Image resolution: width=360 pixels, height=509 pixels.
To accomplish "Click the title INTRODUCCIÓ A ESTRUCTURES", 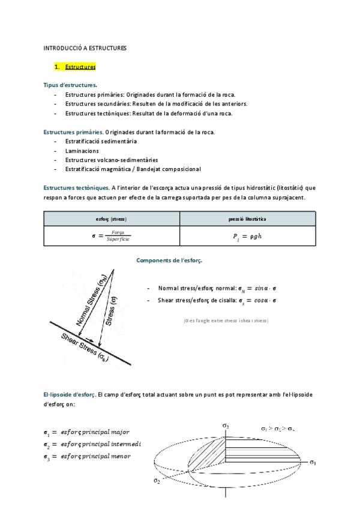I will (85, 48).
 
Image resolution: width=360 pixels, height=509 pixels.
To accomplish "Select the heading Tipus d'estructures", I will (66, 85).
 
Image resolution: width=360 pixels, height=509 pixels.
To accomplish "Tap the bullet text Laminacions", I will (82, 151).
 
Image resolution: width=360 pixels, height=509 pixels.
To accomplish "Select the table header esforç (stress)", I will (111, 219).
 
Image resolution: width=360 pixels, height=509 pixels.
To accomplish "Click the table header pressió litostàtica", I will (247, 219).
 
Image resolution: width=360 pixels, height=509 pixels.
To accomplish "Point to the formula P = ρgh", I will (247, 237).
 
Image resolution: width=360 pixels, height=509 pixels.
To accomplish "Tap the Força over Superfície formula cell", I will (111, 237).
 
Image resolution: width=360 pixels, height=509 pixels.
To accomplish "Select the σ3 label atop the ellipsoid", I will (226, 426).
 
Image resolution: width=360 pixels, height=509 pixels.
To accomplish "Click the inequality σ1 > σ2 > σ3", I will (278, 429).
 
